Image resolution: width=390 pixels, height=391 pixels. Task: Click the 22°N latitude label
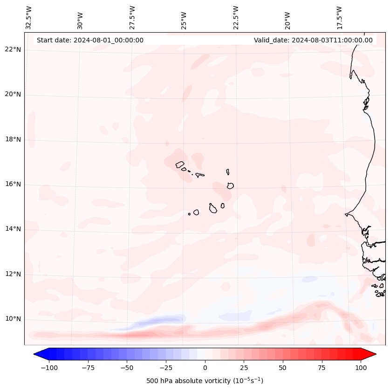click(x=13, y=50)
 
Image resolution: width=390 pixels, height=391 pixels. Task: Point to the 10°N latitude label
click(x=13, y=319)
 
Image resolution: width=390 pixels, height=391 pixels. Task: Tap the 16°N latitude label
click(x=13, y=185)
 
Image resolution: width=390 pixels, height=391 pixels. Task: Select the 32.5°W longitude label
click(x=29, y=17)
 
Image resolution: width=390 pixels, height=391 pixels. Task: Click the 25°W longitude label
click(x=184, y=17)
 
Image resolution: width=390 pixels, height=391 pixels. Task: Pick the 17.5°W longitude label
click(x=339, y=17)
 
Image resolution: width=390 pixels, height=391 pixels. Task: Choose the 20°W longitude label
click(x=287, y=17)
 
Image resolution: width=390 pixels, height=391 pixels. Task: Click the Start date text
click(x=90, y=40)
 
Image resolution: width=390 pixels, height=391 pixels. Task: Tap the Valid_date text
click(x=313, y=40)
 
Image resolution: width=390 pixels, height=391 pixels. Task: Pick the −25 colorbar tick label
click(x=166, y=368)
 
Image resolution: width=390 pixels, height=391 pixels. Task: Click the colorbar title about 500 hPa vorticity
click(x=205, y=381)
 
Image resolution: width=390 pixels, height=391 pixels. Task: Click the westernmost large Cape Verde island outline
click(x=180, y=164)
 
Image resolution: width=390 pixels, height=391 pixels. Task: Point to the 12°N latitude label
click(x=13, y=274)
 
